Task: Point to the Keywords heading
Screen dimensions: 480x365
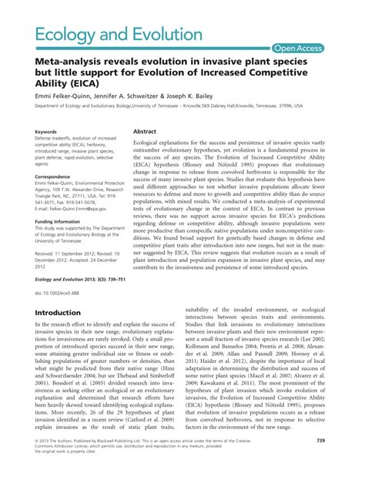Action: [45, 132]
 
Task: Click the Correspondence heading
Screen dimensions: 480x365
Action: [52, 176]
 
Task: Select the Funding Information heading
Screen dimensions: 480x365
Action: [61, 220]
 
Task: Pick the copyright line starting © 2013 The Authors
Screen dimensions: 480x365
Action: [108, 461]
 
